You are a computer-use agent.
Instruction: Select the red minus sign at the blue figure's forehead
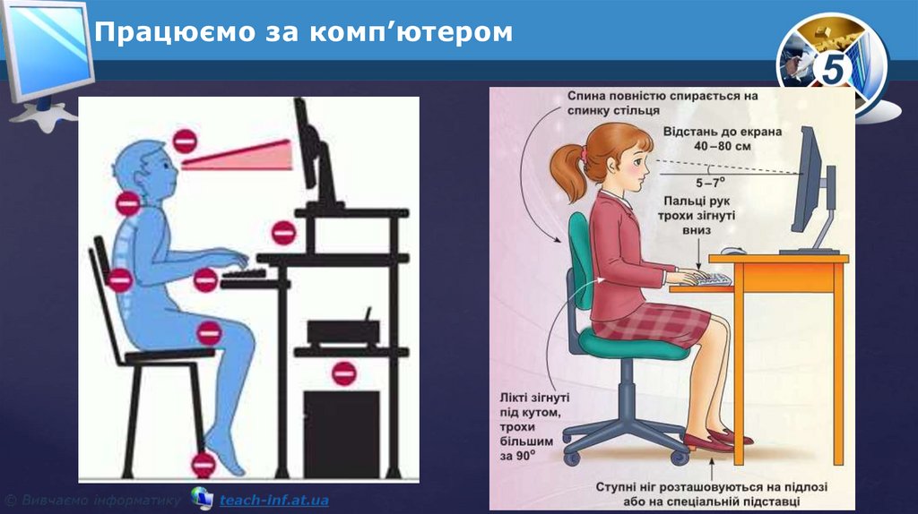click(185, 141)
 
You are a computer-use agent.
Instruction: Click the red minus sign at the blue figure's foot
click(204, 463)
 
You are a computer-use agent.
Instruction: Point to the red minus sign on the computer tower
click(343, 373)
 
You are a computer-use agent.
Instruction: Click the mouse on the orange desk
click(733, 253)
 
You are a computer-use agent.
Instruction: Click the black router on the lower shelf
click(344, 330)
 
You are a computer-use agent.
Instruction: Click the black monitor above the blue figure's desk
click(313, 152)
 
